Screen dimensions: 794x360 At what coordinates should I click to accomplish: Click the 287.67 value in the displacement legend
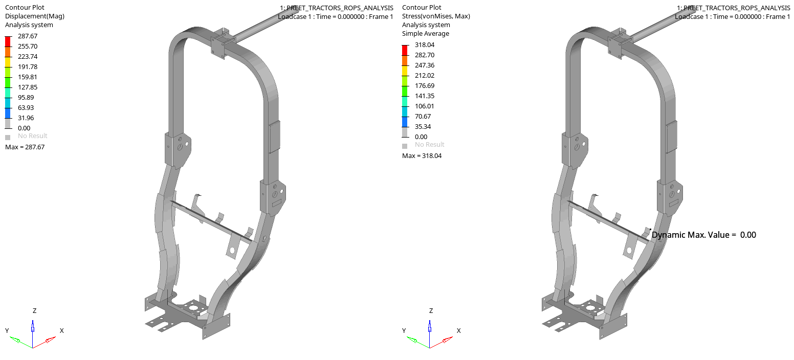28,36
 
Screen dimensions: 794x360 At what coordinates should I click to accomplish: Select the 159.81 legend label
28,77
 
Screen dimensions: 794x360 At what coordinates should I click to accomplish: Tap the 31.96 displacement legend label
26,118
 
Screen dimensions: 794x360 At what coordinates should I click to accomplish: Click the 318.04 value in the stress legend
425,44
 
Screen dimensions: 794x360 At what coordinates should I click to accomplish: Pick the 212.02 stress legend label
425,76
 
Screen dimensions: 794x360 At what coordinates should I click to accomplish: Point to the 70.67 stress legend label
423,116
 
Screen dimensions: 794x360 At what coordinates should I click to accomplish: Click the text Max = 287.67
25,147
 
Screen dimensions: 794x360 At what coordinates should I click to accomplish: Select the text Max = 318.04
422,155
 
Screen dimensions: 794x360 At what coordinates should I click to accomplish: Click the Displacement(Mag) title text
35,16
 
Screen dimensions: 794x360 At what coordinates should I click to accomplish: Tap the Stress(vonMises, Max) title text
436,16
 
